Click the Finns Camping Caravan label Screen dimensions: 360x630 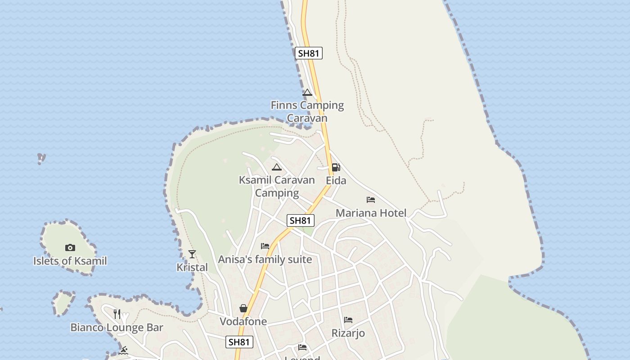click(x=307, y=112)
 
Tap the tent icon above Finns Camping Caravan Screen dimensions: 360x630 click(x=307, y=93)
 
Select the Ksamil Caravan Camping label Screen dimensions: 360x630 click(x=277, y=186)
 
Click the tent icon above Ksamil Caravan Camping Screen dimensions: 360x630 click(x=277, y=167)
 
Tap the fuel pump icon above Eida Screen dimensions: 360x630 click(x=336, y=167)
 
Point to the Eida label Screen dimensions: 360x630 click(x=336, y=180)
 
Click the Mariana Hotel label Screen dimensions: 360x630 click(x=371, y=213)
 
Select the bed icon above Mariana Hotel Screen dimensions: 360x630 click(x=371, y=200)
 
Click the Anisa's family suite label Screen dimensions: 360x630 click(x=265, y=259)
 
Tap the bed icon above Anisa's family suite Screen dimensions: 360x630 click(x=265, y=246)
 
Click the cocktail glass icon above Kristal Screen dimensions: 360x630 click(x=192, y=254)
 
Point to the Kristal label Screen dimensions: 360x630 click(x=192, y=267)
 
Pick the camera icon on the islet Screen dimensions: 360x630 click(x=70, y=247)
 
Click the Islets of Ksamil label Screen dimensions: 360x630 click(x=70, y=261)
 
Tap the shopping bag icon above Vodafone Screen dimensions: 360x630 click(x=243, y=308)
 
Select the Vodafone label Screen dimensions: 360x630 click(x=243, y=321)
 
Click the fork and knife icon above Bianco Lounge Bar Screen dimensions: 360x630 click(x=117, y=314)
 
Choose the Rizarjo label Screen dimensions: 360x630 click(x=348, y=333)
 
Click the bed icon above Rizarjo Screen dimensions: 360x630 click(x=348, y=320)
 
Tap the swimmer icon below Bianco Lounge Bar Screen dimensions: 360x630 click(x=123, y=350)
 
